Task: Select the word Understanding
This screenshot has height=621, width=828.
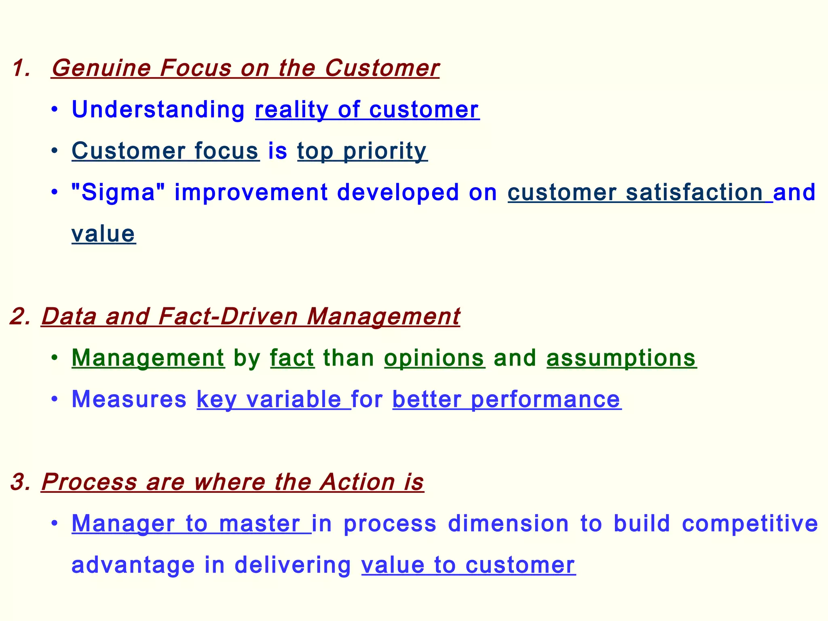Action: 158,110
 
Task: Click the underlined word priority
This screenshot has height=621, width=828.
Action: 385,151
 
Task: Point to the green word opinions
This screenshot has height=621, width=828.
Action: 434,358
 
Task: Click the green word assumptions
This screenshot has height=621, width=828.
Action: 621,358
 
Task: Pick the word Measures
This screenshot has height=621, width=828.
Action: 129,399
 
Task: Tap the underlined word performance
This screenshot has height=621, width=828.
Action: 545,399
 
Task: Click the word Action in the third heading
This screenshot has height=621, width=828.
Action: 357,482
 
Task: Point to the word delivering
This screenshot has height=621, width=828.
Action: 293,565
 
